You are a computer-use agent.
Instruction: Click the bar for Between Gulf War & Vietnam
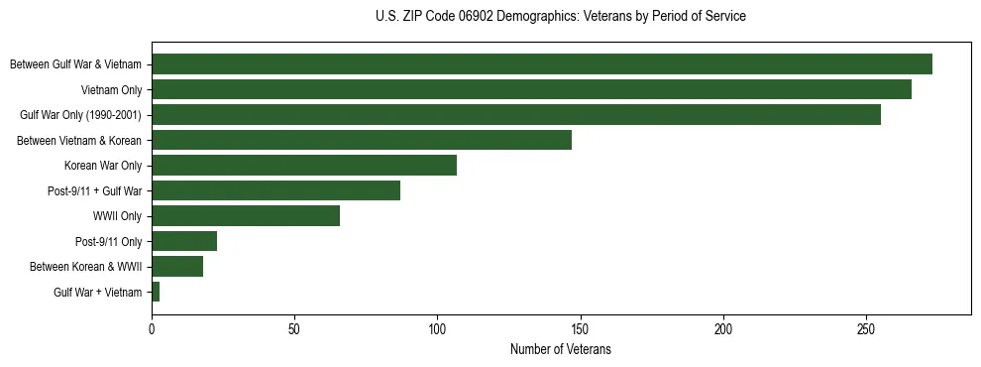542,64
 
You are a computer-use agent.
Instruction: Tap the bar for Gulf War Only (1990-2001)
516,115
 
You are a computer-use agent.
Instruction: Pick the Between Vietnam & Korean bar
362,140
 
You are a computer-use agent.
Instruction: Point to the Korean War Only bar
304,166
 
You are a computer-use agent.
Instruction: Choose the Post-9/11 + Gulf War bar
275,190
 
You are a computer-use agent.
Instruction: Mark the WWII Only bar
246,216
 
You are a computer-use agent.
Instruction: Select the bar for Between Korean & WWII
177,266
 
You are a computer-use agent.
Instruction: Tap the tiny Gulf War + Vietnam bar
156,292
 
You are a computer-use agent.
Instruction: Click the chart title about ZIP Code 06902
561,17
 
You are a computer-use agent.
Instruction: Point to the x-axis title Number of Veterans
561,350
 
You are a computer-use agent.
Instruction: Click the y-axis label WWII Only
117,216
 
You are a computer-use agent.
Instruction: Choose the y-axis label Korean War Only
103,166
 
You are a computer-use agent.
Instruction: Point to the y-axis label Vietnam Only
111,89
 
